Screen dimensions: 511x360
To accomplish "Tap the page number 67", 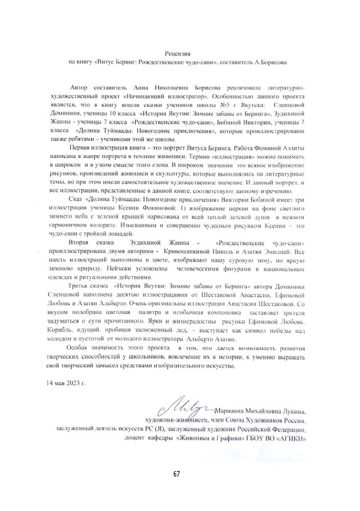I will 177,474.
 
